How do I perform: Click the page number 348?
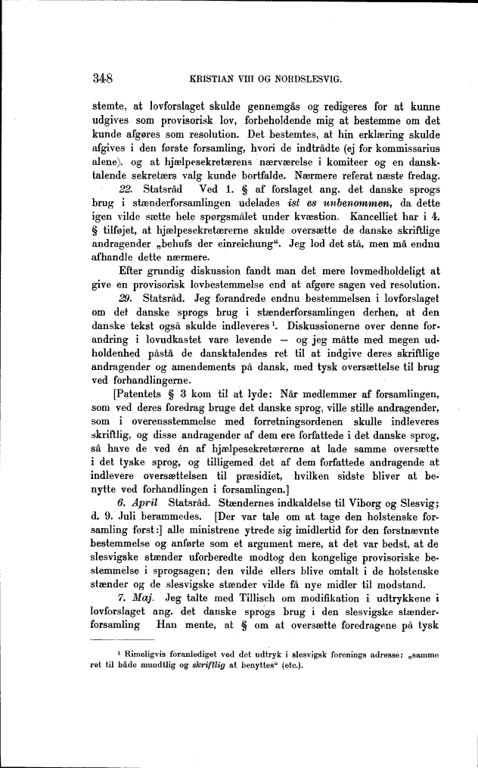tap(102, 77)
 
